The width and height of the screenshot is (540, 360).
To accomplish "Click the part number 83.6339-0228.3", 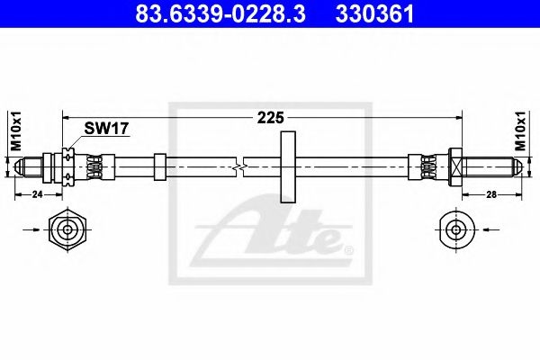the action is (x=220, y=13).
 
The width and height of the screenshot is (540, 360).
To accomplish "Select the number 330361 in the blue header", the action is (x=374, y=13).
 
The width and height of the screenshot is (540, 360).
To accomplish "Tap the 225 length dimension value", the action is (x=271, y=118).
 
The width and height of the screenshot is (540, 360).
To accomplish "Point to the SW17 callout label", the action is (x=106, y=129).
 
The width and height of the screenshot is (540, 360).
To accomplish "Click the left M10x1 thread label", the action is (x=16, y=130).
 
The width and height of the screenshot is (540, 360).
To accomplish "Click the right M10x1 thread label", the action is (x=520, y=130).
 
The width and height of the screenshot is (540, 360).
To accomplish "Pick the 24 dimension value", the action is (x=37, y=194).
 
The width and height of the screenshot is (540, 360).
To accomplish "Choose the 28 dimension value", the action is (x=491, y=194).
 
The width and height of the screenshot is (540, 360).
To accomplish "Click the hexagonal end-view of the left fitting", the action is (x=67, y=229).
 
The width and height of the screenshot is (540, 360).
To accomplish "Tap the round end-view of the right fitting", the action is (x=456, y=229).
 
